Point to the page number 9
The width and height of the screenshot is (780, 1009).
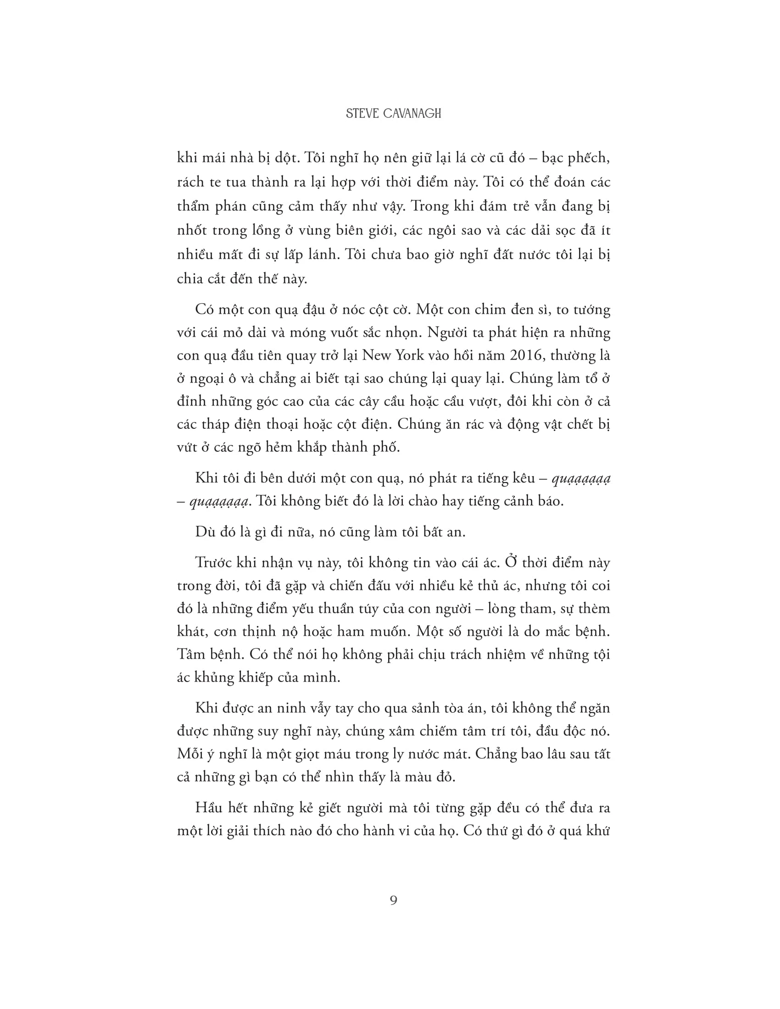[394, 900]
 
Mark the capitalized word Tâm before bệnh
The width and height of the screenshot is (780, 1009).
[190, 654]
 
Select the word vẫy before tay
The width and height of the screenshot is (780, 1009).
[317, 708]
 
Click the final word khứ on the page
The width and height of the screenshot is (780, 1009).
[598, 831]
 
